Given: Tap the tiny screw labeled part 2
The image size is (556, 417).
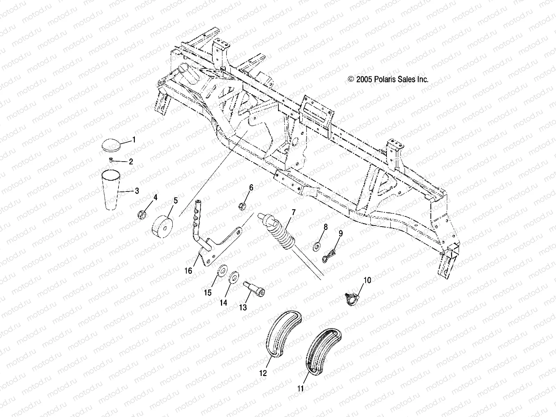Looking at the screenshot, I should (x=110, y=160).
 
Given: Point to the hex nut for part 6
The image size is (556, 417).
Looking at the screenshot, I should (x=243, y=205).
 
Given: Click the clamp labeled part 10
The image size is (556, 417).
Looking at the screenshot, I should (x=352, y=298).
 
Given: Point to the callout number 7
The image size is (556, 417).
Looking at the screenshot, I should (x=294, y=212).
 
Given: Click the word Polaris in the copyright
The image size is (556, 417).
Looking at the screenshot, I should (x=397, y=79).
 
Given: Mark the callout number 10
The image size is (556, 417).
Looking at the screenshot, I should (x=367, y=280).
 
